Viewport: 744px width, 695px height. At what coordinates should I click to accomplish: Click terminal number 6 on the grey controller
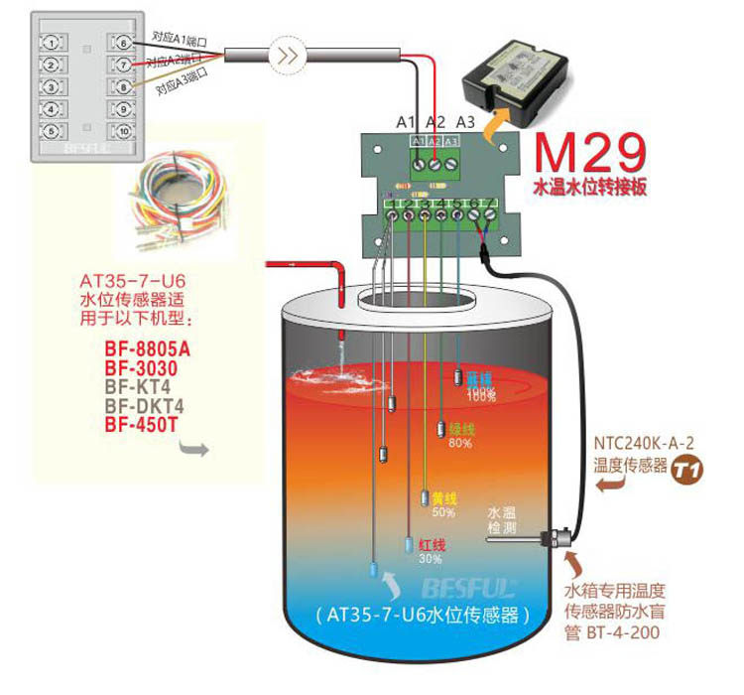(x=124, y=43)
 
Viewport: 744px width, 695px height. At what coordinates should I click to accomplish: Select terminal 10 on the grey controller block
(x=124, y=131)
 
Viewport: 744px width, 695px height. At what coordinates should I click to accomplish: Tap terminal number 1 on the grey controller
(x=53, y=43)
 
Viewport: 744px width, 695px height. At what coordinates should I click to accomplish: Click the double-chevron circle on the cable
(x=284, y=56)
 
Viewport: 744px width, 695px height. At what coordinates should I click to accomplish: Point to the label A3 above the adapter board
(x=465, y=122)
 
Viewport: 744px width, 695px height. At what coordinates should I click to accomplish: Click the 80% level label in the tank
(x=459, y=443)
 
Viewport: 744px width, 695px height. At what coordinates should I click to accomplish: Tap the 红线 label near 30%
(x=432, y=545)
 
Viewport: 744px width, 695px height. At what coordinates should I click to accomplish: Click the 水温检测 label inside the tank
(x=502, y=520)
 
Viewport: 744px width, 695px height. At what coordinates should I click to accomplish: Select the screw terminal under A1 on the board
(x=419, y=160)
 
